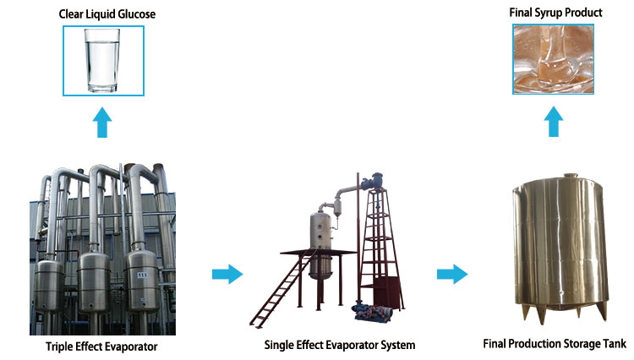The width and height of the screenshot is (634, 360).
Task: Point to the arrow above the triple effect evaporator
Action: point(103,124)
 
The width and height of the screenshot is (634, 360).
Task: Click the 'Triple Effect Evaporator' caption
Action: point(102,346)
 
